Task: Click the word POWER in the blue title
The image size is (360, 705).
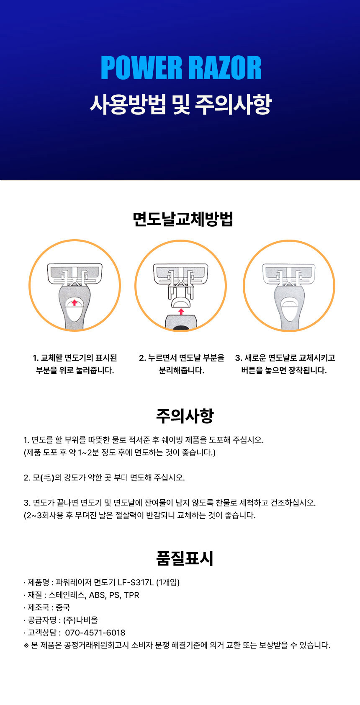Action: pyautogui.click(x=141, y=68)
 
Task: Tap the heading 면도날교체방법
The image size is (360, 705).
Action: pyautogui.click(x=183, y=219)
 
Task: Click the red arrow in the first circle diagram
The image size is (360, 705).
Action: pyautogui.click(x=74, y=302)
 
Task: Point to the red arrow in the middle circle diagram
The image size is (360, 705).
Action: pyautogui.click(x=181, y=312)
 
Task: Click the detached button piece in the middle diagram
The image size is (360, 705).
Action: pyautogui.click(x=180, y=303)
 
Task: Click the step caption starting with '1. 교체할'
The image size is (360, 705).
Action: pyautogui.click(x=75, y=364)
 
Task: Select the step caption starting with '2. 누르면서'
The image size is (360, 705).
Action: pyautogui.click(x=182, y=364)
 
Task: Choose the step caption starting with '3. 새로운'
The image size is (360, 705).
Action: pyautogui.click(x=285, y=364)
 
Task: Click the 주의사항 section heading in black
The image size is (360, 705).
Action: pyautogui.click(x=185, y=416)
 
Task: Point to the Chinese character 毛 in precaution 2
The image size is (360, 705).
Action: pyautogui.click(x=47, y=478)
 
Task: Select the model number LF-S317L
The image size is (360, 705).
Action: pyautogui.click(x=136, y=582)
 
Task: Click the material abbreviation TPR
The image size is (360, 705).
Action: pyautogui.click(x=131, y=595)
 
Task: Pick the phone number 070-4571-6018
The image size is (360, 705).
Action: pyautogui.click(x=95, y=633)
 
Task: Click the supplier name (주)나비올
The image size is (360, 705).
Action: pyautogui.click(x=80, y=620)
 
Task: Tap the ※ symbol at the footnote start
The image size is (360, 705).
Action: pyautogui.click(x=26, y=646)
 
